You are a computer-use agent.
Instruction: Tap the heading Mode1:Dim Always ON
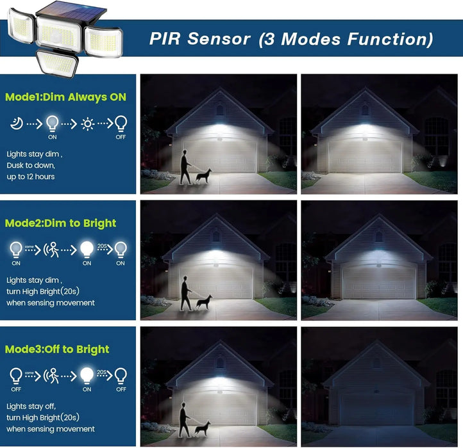pos(65,97)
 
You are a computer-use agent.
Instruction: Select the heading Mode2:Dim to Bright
pos(60,223)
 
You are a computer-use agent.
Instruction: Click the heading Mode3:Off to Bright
pos(57,349)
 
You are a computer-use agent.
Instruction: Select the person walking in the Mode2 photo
pos(185,292)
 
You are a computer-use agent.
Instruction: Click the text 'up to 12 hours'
pos(31,176)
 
